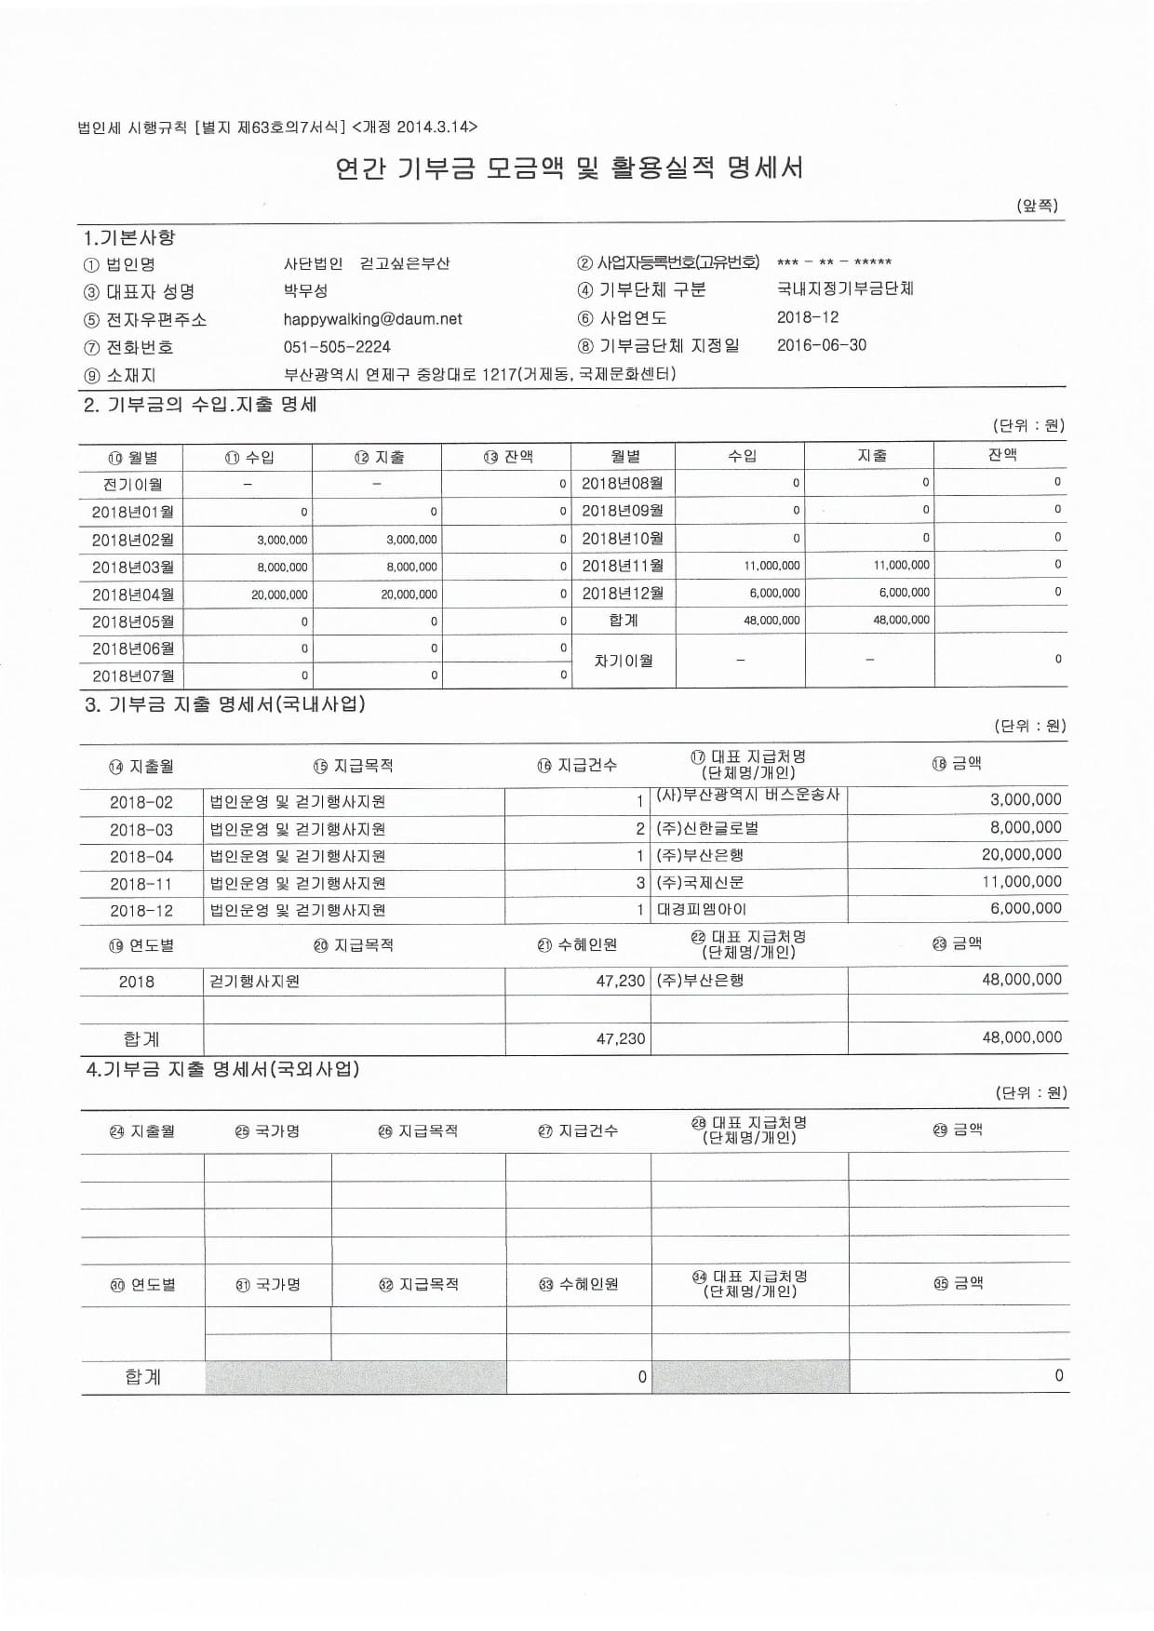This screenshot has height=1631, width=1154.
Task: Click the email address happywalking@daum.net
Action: [372, 319]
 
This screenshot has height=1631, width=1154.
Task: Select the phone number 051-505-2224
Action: [337, 347]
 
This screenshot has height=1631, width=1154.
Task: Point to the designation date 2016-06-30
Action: [821, 345]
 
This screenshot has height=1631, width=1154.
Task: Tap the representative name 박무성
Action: [305, 291]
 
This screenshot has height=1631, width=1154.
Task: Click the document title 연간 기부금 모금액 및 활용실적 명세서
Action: [569, 168]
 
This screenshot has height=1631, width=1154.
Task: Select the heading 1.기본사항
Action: [129, 238]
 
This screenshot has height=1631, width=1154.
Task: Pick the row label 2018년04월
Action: [132, 595]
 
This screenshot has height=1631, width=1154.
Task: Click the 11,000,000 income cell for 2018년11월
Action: [772, 565]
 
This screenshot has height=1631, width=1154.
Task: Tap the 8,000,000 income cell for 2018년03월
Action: [283, 567]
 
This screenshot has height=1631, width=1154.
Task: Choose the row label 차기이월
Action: [624, 661]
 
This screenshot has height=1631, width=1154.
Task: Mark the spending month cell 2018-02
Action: [141, 802]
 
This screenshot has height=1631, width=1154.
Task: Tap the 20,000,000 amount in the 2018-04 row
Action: [1021, 854]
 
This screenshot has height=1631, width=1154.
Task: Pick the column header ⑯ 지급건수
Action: [577, 765]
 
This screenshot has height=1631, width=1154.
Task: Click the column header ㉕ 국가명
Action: [267, 1131]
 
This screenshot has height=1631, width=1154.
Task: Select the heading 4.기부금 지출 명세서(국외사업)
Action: [222, 1070]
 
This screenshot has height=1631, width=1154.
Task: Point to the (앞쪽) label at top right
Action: [1037, 206]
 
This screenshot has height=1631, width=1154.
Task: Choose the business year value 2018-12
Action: [807, 317]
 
